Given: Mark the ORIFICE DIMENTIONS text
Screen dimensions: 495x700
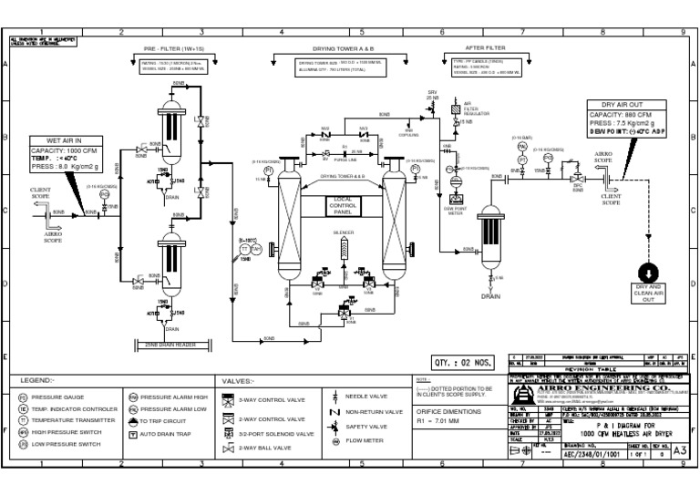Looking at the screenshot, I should pos(448,412).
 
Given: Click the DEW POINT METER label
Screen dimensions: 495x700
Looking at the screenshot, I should pos(454,211).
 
